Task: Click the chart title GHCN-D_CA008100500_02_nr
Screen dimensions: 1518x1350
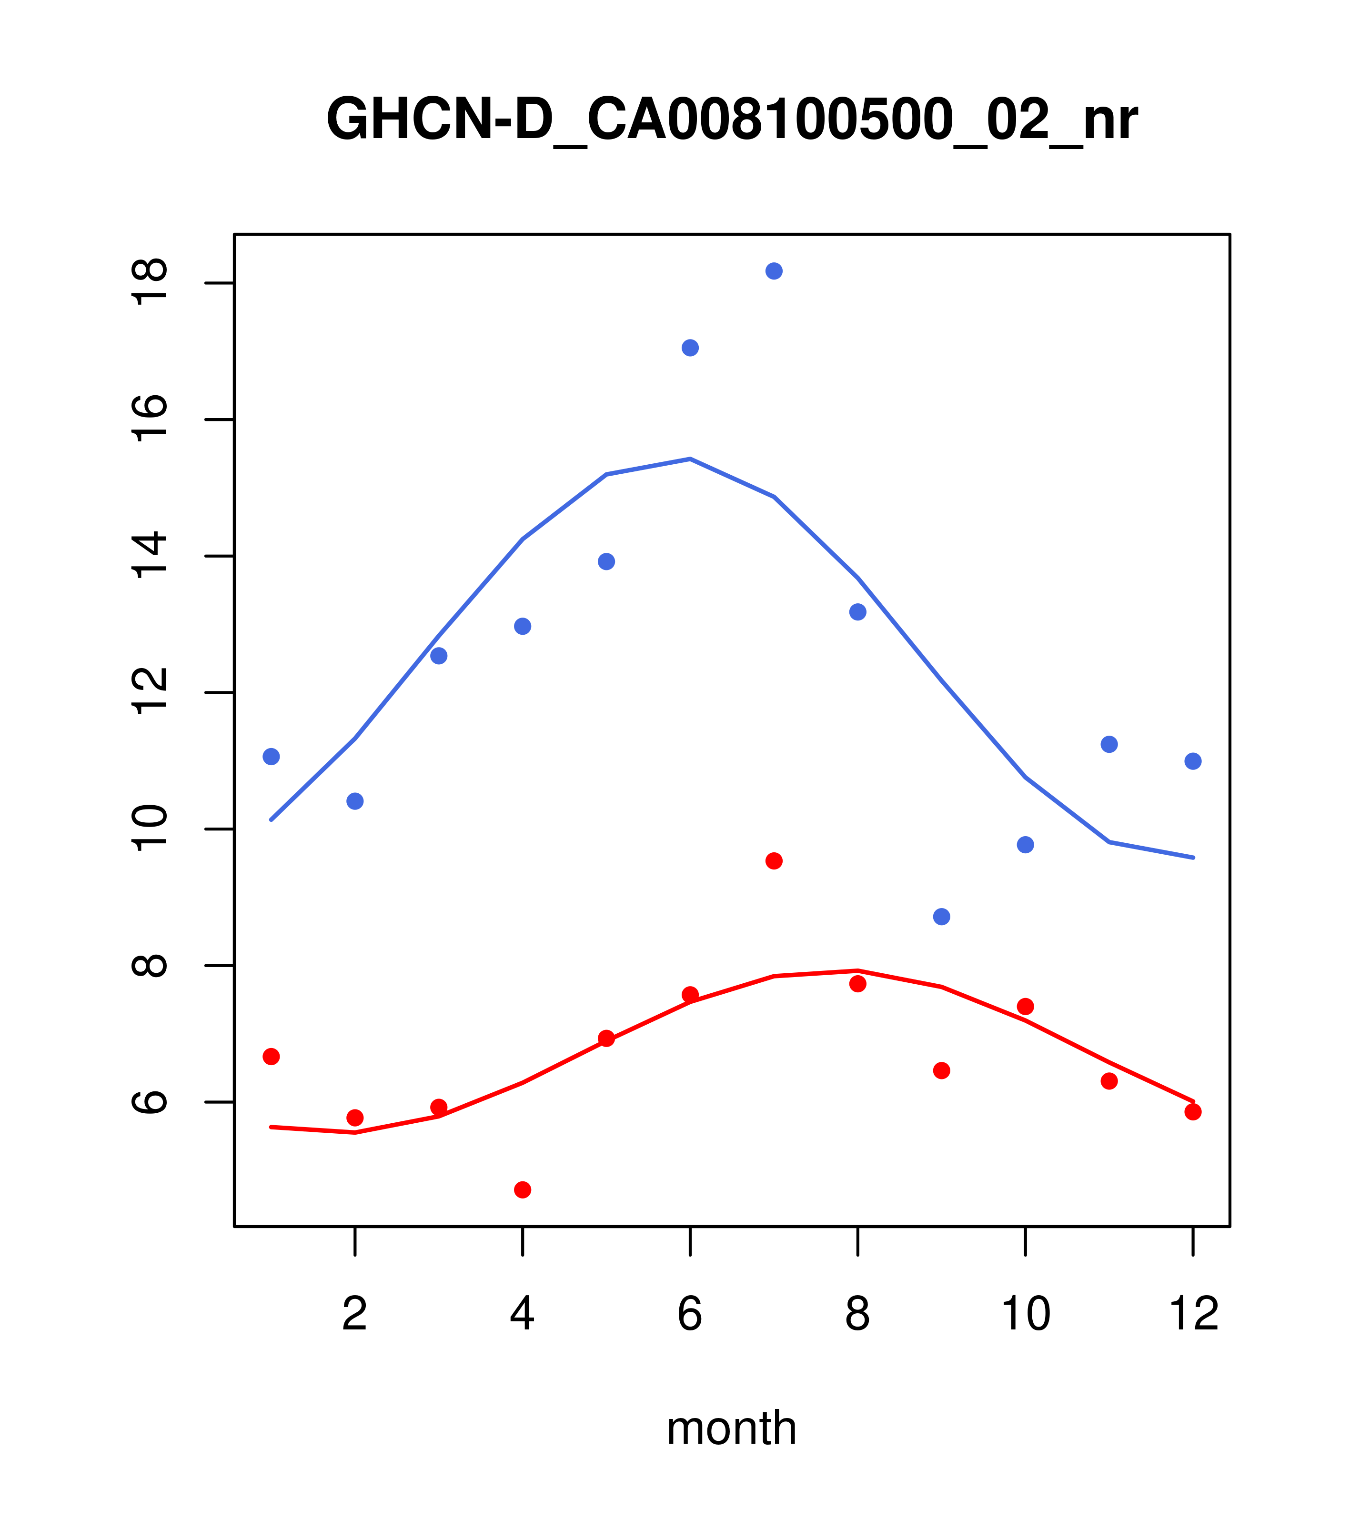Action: pyautogui.click(x=732, y=120)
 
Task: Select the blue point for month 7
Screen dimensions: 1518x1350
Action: pyautogui.click(x=774, y=271)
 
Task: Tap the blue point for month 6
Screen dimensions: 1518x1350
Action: pyautogui.click(x=690, y=348)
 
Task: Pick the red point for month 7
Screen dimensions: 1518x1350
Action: pyautogui.click(x=774, y=861)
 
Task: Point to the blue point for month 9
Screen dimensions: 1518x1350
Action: pyautogui.click(x=941, y=917)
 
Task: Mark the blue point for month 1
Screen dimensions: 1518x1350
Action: pyautogui.click(x=271, y=756)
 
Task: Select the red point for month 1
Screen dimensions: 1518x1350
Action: pyautogui.click(x=271, y=1056)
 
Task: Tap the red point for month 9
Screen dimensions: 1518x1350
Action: pyautogui.click(x=941, y=1070)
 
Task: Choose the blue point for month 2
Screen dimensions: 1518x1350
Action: pyautogui.click(x=355, y=800)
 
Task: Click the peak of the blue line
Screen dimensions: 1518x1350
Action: pyautogui.click(x=690, y=459)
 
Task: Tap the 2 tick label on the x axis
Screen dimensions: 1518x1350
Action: pyautogui.click(x=355, y=1314)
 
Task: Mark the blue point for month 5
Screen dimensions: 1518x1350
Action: pyautogui.click(x=606, y=561)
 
